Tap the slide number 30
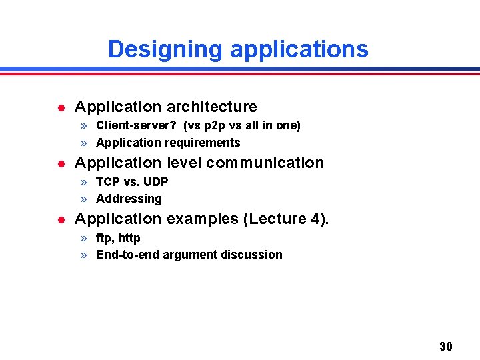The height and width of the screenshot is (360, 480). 446,346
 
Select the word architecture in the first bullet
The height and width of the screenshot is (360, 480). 212,107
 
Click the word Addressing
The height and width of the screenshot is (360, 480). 129,199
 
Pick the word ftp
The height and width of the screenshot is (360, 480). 104,238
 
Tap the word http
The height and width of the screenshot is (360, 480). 129,238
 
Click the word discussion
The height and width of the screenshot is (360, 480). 255,255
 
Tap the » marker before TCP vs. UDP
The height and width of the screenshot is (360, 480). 85,182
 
